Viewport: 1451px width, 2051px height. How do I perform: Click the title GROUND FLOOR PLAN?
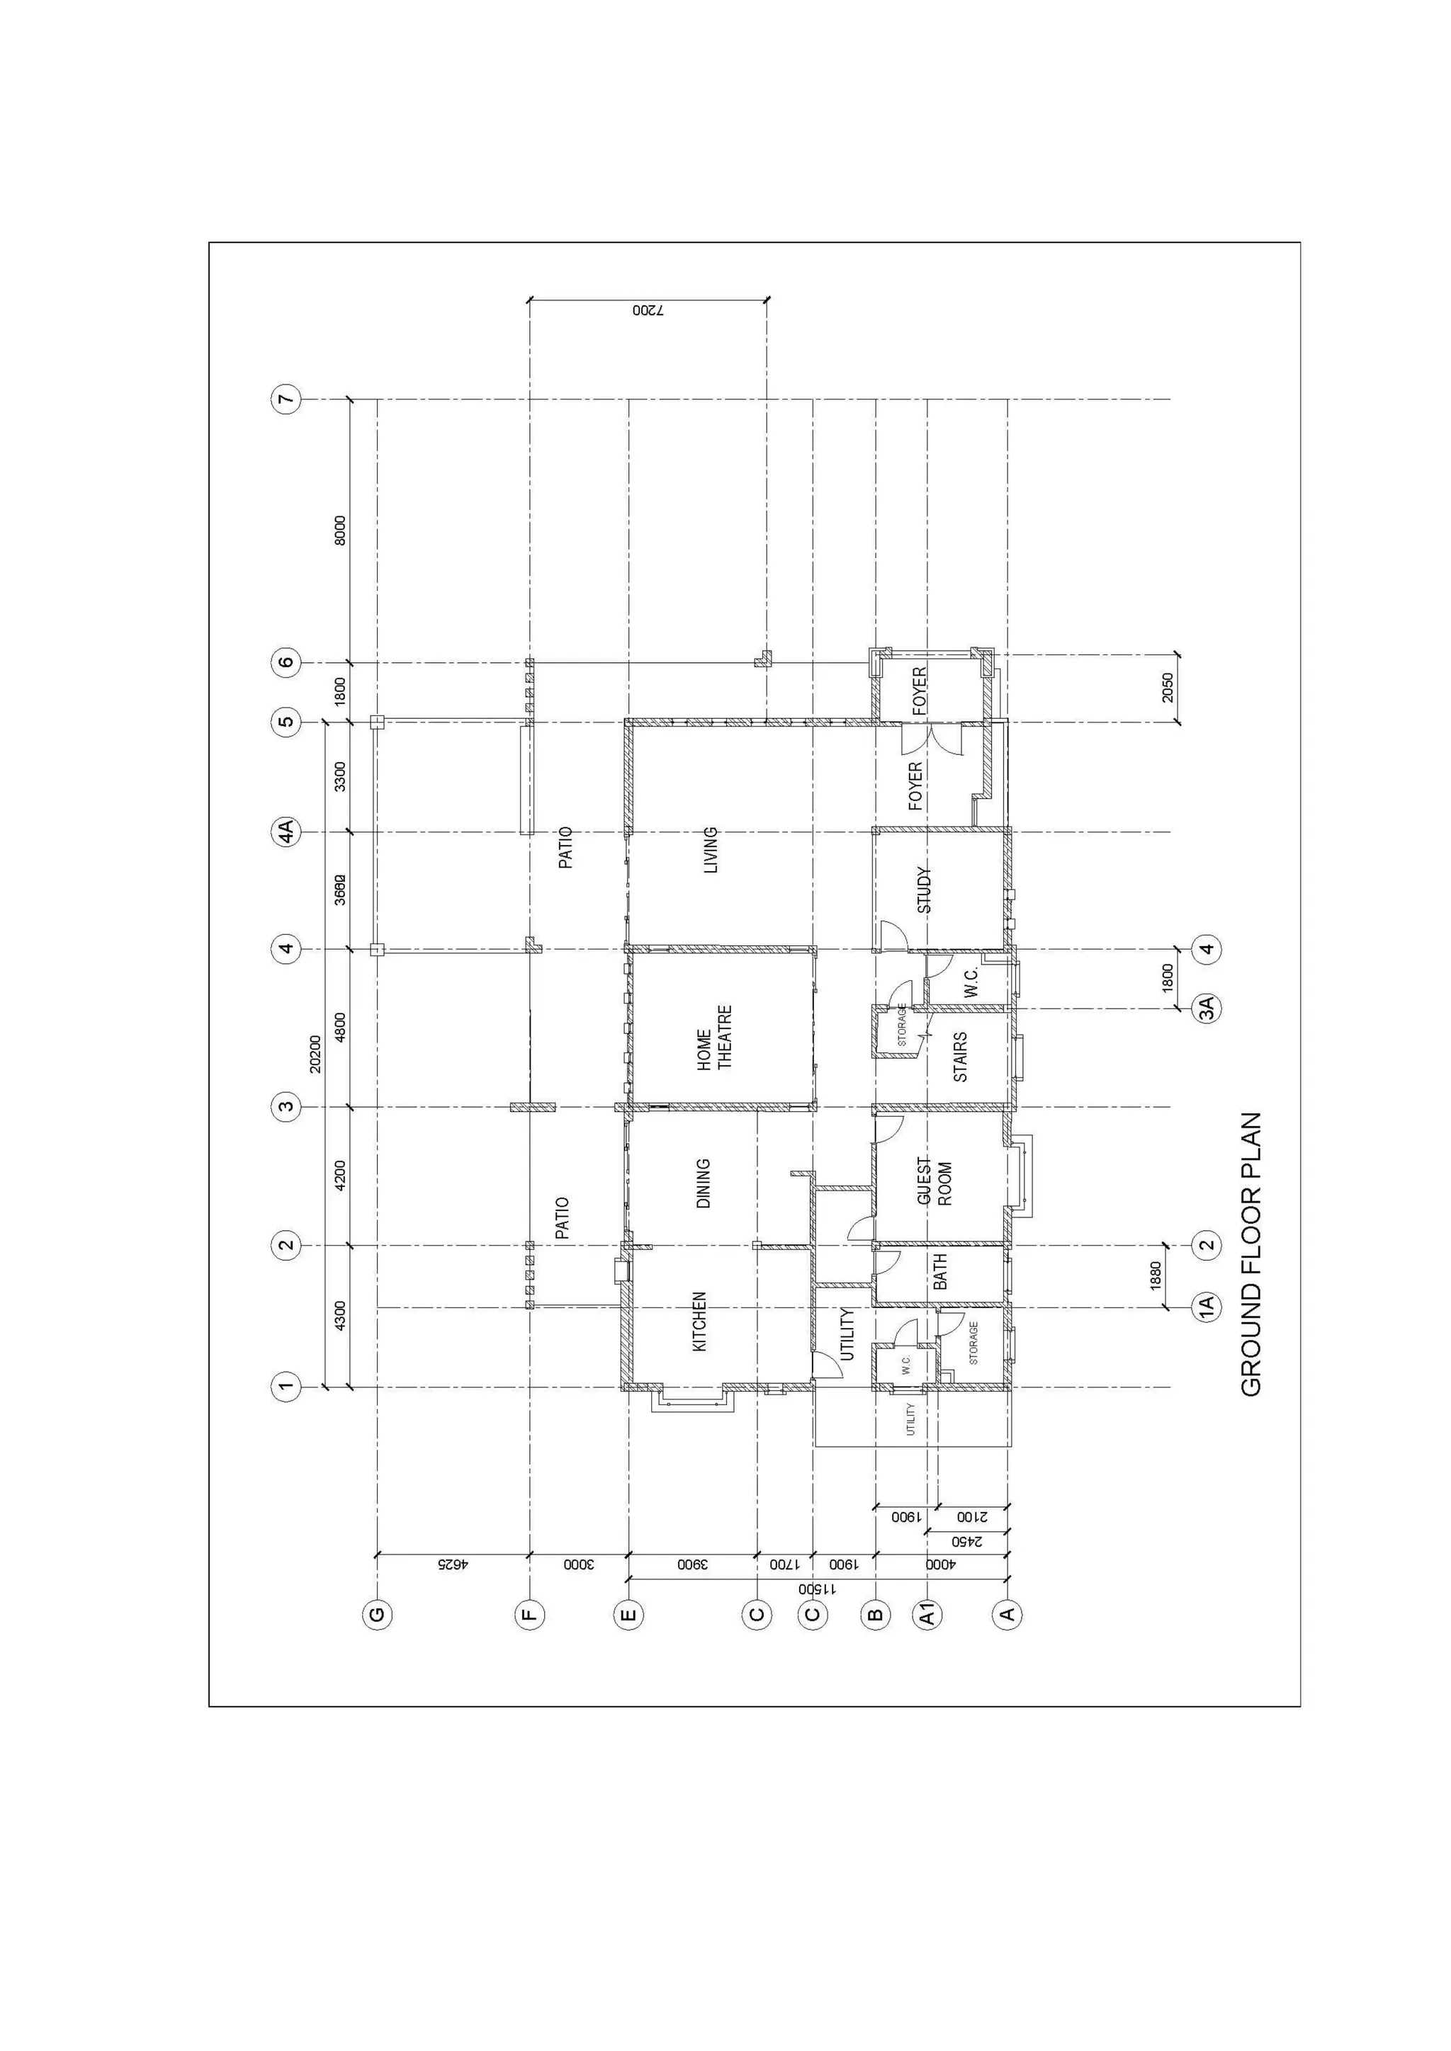(x=1251, y=1254)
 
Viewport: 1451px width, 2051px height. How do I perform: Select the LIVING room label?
(x=711, y=850)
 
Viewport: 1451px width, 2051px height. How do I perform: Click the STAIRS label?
(x=961, y=1057)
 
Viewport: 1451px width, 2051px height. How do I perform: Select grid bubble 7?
(x=286, y=399)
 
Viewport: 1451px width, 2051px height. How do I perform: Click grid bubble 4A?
(x=286, y=833)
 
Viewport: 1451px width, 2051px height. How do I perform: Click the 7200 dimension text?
(x=648, y=311)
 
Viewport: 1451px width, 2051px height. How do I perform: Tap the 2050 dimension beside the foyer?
(x=1168, y=687)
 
